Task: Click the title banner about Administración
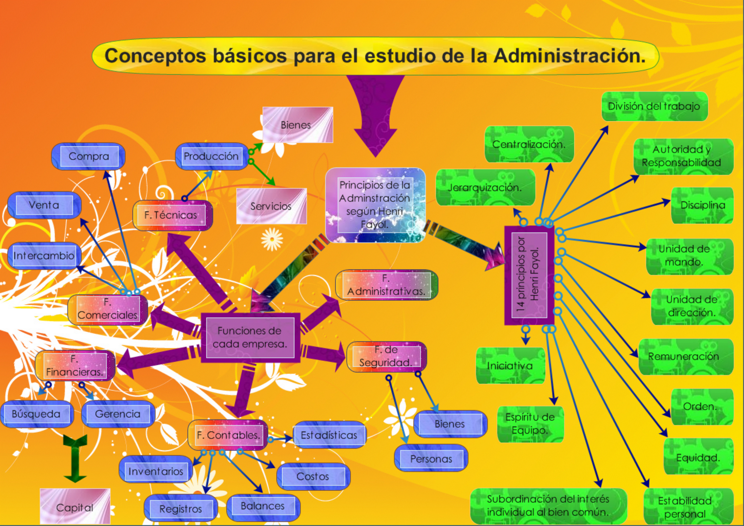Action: click(x=375, y=56)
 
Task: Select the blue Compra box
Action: click(x=88, y=156)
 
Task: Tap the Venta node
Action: click(x=44, y=205)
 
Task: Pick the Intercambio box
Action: click(x=44, y=256)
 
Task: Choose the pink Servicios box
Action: click(x=271, y=206)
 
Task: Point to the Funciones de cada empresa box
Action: click(x=250, y=337)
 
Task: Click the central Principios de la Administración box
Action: click(x=375, y=205)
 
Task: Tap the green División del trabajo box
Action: click(x=654, y=107)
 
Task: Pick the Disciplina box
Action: click(x=702, y=205)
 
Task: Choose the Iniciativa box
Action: click(x=510, y=366)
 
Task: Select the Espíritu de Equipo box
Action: click(x=530, y=424)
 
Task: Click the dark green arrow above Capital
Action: click(x=75, y=458)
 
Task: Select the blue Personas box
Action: click(x=431, y=459)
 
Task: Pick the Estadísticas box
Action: click(x=329, y=435)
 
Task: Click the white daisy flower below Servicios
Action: click(x=272, y=239)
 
